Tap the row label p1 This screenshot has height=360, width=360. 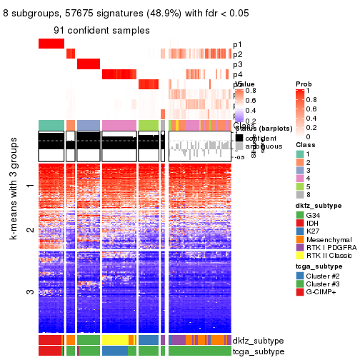237,44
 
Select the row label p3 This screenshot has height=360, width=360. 237,64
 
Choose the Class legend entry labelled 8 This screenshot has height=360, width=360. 307,192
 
